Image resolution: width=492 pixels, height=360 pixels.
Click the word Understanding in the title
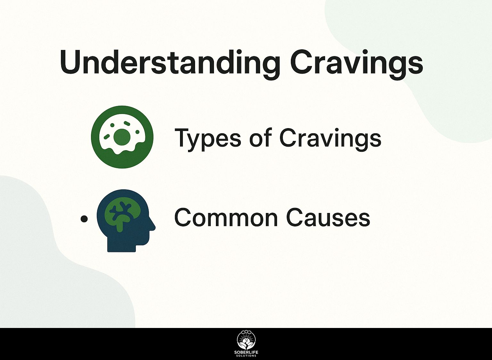click(x=170, y=64)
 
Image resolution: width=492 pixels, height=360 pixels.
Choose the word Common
click(x=226, y=217)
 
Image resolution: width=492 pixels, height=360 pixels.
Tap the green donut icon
click(x=122, y=137)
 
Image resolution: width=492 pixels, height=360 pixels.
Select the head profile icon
click(x=126, y=221)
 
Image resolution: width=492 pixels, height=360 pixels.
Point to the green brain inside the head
click(x=123, y=216)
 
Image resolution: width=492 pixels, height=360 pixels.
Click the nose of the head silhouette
click(x=153, y=226)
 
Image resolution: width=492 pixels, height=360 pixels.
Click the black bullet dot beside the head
click(x=84, y=219)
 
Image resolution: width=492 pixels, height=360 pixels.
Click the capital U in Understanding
click(x=71, y=62)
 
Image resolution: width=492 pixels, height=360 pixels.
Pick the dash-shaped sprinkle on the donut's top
click(x=127, y=123)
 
